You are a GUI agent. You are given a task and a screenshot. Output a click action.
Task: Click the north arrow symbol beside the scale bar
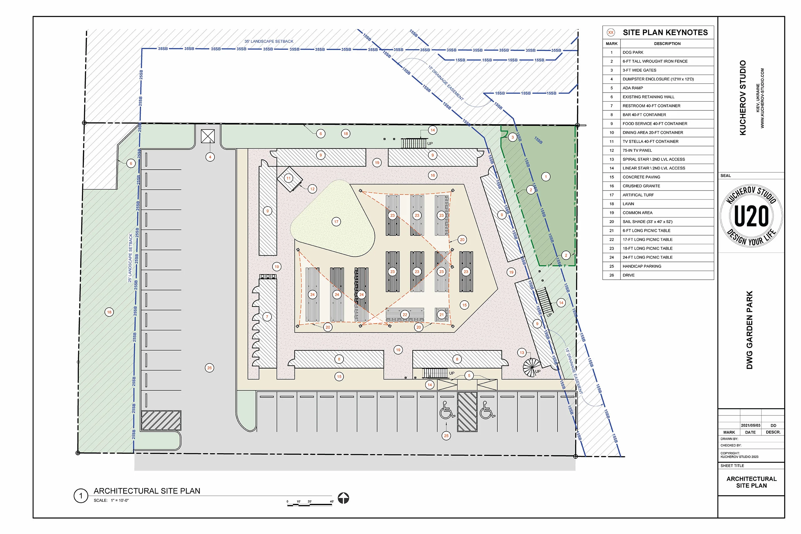[x=343, y=498]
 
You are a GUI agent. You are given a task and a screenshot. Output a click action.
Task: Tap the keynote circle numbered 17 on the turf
[x=336, y=222]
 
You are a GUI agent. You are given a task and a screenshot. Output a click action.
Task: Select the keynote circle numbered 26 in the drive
[x=209, y=368]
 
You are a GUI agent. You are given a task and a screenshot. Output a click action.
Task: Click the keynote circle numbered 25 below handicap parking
[x=446, y=435]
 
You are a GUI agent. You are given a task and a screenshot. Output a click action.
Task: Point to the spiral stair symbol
[x=531, y=367]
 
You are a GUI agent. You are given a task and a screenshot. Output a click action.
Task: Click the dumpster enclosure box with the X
[x=208, y=136]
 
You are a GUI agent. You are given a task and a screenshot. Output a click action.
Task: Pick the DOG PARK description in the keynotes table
[x=633, y=53]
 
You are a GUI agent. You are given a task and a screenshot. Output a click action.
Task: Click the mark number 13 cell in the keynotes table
[x=612, y=159]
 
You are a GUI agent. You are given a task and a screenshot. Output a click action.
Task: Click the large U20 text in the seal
[x=751, y=216]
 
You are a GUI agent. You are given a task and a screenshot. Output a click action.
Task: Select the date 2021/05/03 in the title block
[x=751, y=425]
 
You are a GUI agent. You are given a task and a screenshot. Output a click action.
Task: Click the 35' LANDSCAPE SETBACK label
[x=269, y=41]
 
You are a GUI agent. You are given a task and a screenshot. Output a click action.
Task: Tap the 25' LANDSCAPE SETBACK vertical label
[x=130, y=258]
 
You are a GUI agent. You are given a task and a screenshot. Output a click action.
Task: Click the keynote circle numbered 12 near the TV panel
[x=312, y=189]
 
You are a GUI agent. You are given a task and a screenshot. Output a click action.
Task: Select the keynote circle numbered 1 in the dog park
[x=546, y=177]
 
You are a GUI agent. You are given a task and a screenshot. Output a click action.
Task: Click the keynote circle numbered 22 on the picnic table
[x=405, y=315]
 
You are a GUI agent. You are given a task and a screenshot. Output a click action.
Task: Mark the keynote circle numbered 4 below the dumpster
[x=210, y=157]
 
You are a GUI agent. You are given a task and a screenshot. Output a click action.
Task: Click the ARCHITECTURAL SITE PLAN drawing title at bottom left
[x=147, y=491]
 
